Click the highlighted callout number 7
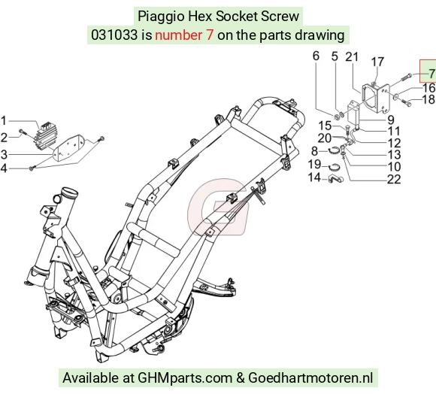[x=431, y=74]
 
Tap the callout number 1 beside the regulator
[x=3, y=121]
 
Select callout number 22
[x=394, y=180]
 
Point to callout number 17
[x=377, y=62]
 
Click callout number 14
[x=314, y=177]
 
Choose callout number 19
[x=314, y=164]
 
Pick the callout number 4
[x=3, y=168]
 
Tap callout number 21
[x=352, y=56]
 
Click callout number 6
[x=316, y=56]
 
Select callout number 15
[x=325, y=126]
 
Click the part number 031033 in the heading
[x=114, y=35]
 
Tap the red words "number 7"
[x=184, y=35]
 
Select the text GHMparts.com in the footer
[x=185, y=378]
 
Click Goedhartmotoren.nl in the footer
[x=310, y=378]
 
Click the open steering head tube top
[x=70, y=191]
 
